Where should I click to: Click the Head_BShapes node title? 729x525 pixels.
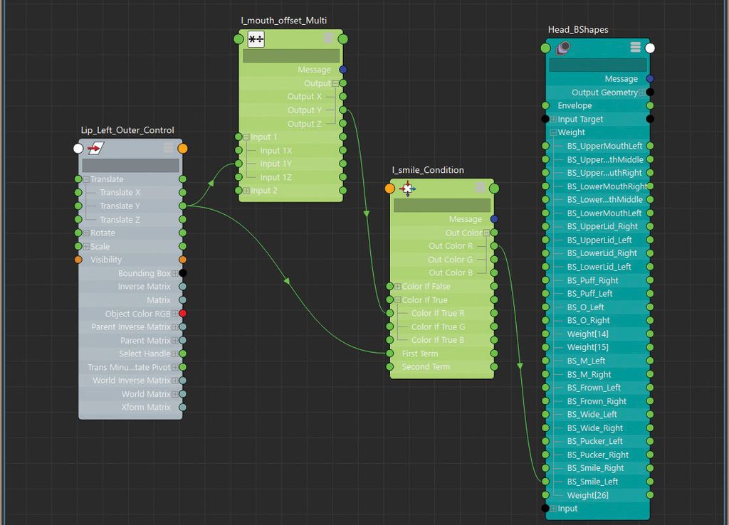tap(578, 30)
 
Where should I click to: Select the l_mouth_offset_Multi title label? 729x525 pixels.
tap(283, 20)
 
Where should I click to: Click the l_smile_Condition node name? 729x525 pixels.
tap(428, 170)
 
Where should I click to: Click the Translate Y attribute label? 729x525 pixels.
tap(120, 206)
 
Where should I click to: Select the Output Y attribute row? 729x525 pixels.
tap(304, 110)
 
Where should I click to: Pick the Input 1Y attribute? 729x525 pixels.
tap(276, 164)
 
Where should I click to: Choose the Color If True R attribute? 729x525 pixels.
tap(438, 313)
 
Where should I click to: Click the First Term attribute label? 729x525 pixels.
tap(420, 354)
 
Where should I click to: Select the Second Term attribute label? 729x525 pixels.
tap(426, 367)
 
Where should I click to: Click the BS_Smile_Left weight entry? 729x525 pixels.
tap(592, 482)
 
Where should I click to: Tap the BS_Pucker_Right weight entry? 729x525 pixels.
tap(597, 455)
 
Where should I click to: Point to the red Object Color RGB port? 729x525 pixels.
tap(183, 314)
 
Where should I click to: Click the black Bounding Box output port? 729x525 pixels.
tap(183, 273)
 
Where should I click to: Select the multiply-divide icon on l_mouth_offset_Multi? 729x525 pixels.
tap(256, 40)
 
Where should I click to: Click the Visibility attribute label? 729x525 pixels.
tap(106, 260)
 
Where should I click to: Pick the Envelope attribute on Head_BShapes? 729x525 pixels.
tap(575, 105)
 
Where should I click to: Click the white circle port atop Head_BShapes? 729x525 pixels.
tap(649, 48)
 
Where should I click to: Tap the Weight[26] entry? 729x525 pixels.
tap(587, 495)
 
